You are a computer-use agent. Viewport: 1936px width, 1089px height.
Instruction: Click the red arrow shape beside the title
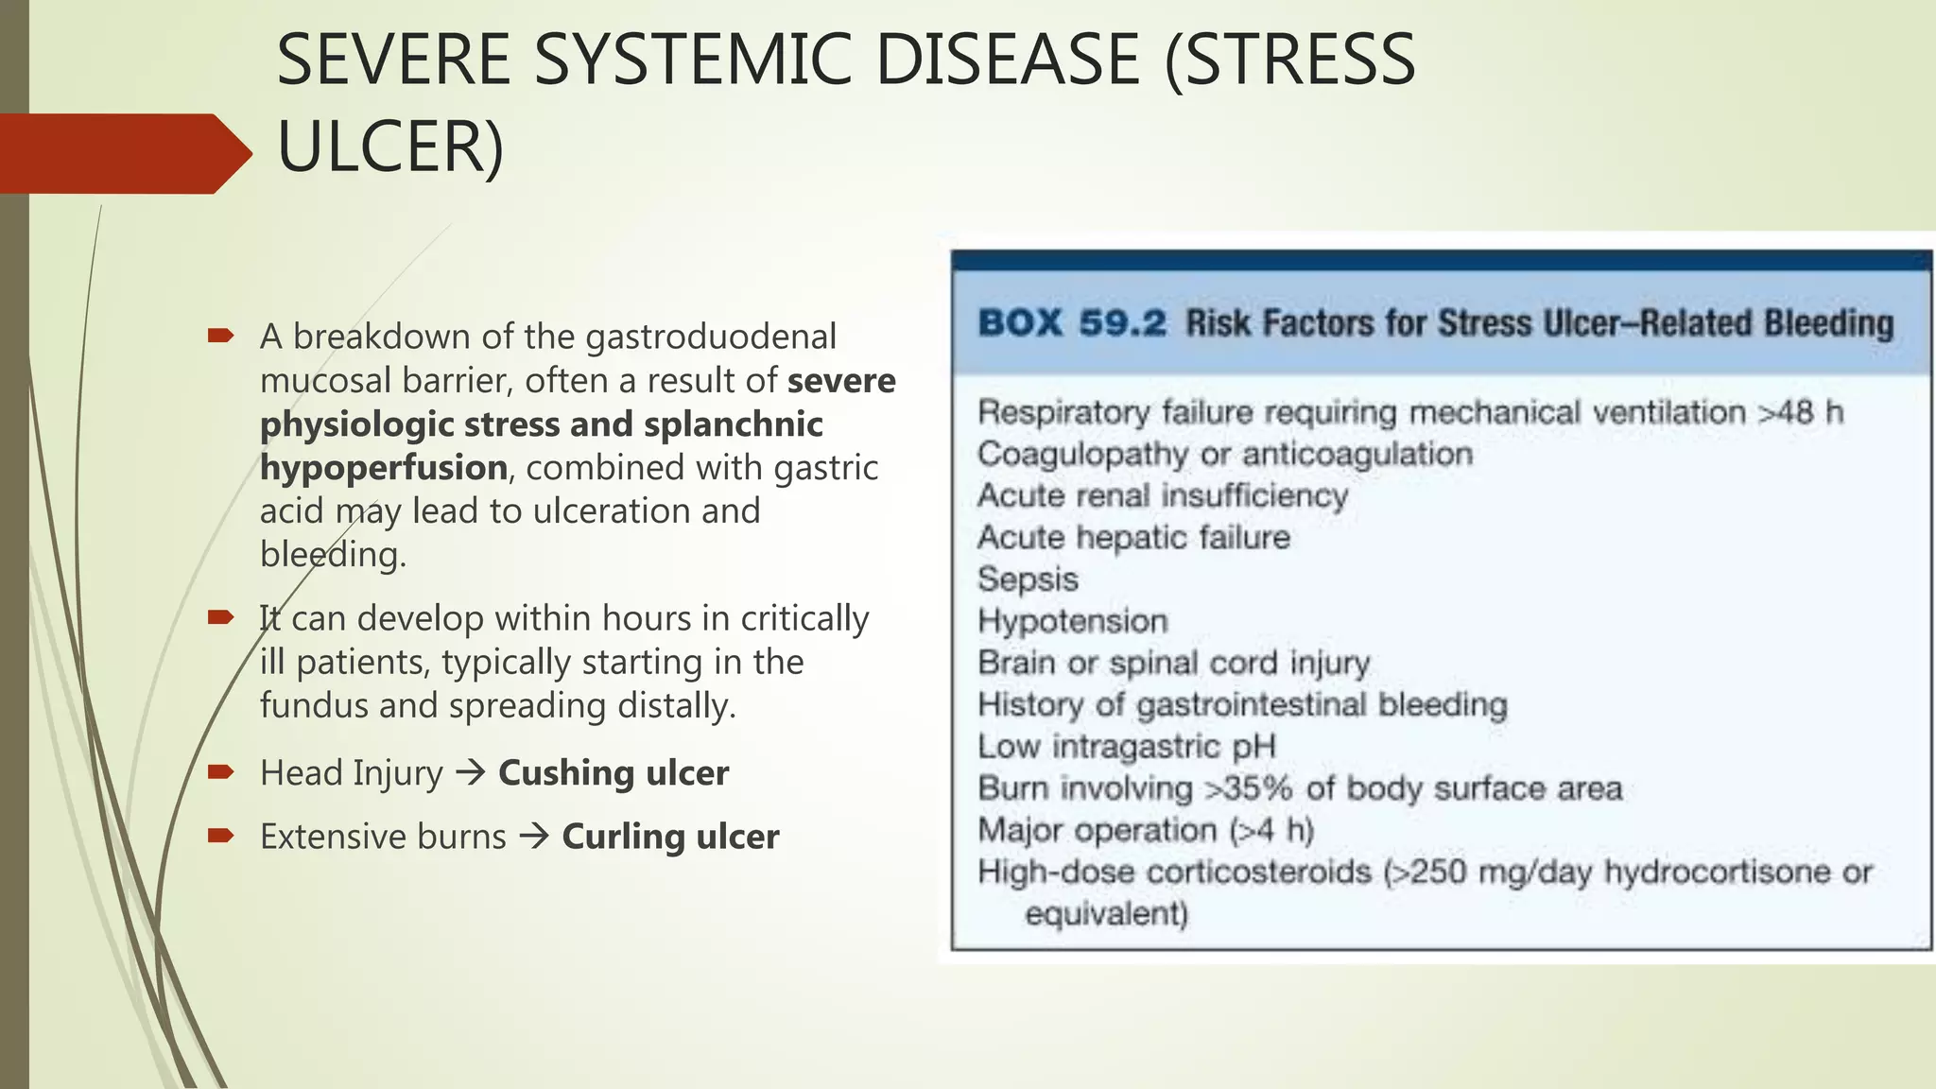pyautogui.click(x=123, y=153)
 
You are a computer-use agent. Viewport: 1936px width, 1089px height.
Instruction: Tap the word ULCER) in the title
pyautogui.click(x=390, y=147)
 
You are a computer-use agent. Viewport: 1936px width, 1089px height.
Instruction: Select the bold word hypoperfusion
pyautogui.click(x=384, y=468)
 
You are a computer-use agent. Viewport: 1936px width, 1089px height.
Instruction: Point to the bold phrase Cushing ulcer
pyautogui.click(x=614, y=773)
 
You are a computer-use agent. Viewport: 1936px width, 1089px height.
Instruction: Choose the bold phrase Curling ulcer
pyautogui.click(x=670, y=837)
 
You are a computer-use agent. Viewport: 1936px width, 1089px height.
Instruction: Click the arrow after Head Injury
pyautogui.click(x=471, y=773)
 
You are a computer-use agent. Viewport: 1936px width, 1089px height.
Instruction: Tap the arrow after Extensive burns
pyautogui.click(x=534, y=837)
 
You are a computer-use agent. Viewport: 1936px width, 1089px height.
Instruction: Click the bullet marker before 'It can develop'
pyautogui.click(x=220, y=618)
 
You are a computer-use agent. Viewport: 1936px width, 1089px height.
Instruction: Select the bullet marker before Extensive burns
pyautogui.click(x=220, y=836)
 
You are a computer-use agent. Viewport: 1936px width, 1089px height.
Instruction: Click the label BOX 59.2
pyautogui.click(x=1072, y=323)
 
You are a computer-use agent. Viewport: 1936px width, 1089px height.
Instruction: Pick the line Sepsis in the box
pyautogui.click(x=1028, y=579)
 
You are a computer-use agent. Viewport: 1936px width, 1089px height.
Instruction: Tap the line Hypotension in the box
pyautogui.click(x=1073, y=621)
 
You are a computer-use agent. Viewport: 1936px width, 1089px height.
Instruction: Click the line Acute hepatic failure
pyautogui.click(x=1133, y=537)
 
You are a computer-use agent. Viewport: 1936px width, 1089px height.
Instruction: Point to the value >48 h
pyautogui.click(x=1800, y=412)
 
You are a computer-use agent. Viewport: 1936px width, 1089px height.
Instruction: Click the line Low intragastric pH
pyautogui.click(x=1126, y=746)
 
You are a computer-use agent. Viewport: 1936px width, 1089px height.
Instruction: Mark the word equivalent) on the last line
pyautogui.click(x=1106, y=914)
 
